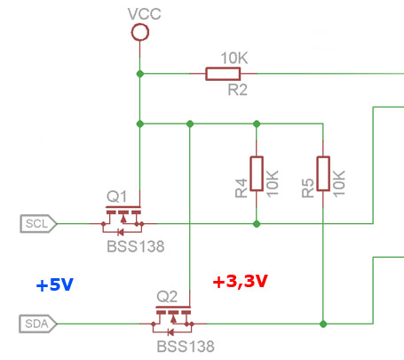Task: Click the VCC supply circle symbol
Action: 139,33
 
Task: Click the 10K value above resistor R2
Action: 234,58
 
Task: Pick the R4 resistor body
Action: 256,173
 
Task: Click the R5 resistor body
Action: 323,173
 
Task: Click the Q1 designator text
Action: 117,196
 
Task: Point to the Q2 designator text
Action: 167,295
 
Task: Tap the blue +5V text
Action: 54,285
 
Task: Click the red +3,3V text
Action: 240,282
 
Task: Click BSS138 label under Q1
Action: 135,246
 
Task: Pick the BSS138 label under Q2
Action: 185,346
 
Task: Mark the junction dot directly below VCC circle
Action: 139,74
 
